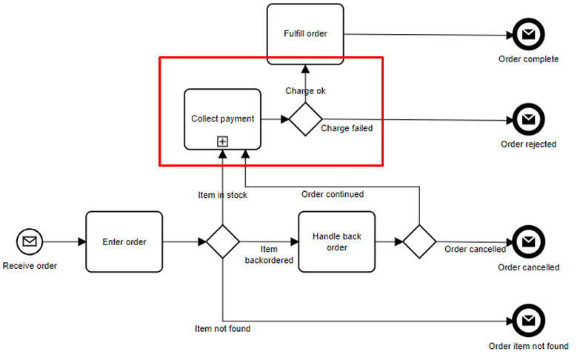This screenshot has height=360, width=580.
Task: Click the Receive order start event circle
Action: [x=30, y=241]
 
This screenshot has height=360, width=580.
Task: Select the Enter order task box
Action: [x=124, y=241]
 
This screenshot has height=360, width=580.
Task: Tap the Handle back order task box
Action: [x=336, y=241]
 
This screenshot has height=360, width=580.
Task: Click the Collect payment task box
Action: [x=222, y=119]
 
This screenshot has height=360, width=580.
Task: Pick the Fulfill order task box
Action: [x=305, y=33]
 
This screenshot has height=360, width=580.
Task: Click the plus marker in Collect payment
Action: [x=222, y=141]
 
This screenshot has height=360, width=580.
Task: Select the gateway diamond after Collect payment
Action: [x=305, y=119]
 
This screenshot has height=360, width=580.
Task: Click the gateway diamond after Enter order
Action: [x=222, y=241]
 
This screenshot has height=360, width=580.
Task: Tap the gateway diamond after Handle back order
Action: [x=420, y=241]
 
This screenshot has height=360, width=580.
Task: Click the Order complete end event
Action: [x=528, y=34]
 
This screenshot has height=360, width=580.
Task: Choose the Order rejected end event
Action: [x=528, y=119]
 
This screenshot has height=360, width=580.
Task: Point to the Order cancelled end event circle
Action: [x=528, y=241]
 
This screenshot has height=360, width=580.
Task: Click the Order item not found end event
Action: [x=528, y=321]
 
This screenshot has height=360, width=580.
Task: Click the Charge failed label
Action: [x=347, y=128]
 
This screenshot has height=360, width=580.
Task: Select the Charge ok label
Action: [x=305, y=91]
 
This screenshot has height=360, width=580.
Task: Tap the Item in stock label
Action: [x=222, y=195]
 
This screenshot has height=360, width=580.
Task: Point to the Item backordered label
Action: [x=269, y=255]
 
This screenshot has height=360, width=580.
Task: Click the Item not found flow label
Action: [x=222, y=328]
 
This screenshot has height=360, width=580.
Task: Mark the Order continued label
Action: [x=333, y=195]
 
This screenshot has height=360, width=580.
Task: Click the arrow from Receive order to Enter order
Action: [x=64, y=241]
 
